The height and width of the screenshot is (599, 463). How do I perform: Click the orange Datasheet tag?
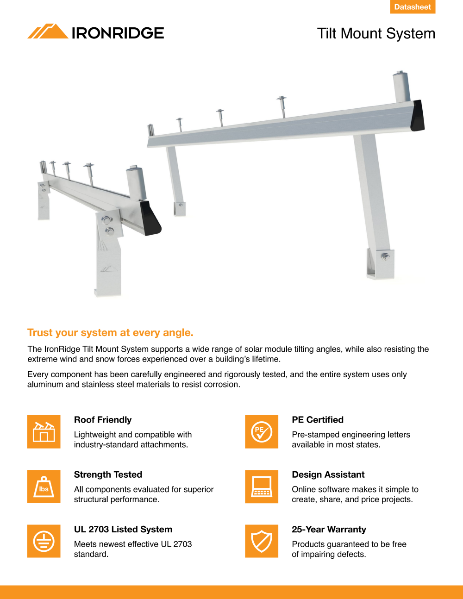coord(413,7)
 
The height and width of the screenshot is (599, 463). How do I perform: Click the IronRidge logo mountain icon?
coord(48,31)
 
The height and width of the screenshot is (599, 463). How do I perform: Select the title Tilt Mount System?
coord(376,34)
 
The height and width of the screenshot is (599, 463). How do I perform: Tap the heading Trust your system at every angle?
coord(110,332)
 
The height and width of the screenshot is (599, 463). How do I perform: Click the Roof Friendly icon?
coord(44,432)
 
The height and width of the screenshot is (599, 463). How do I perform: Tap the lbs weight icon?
coord(44,487)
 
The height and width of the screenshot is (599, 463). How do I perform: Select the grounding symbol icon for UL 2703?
coord(44,541)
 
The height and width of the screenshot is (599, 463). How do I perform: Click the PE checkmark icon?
coord(262,432)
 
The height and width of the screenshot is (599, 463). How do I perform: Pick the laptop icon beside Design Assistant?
coord(262,487)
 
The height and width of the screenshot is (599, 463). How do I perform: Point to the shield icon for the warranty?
coord(262,541)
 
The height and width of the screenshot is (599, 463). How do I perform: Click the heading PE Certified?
coord(318,419)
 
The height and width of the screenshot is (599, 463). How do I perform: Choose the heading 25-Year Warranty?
coord(329,529)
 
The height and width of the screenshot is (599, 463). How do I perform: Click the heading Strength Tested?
coord(108,474)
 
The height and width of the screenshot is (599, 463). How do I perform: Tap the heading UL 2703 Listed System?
coord(123,529)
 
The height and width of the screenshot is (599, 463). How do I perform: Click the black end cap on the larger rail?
coord(418,116)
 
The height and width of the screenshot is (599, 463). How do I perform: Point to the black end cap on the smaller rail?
coord(150,218)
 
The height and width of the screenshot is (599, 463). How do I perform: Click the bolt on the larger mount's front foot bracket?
coord(385,256)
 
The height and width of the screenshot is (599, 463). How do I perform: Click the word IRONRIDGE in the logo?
coord(118,33)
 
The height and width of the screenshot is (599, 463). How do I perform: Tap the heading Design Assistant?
coord(328,474)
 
